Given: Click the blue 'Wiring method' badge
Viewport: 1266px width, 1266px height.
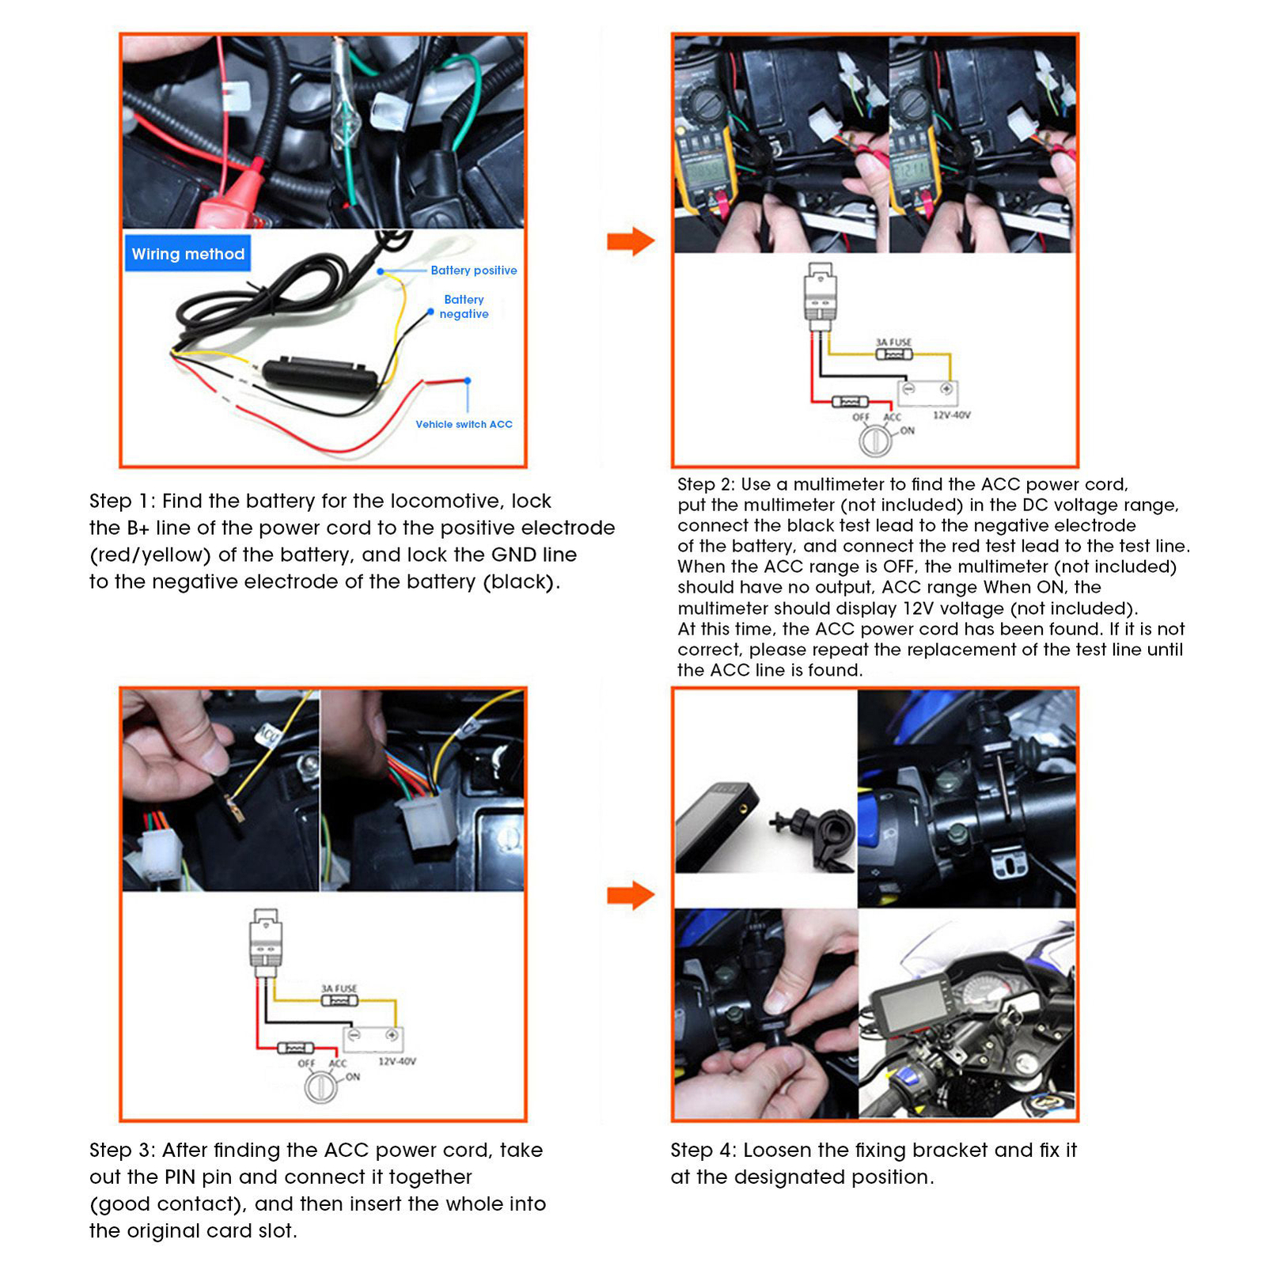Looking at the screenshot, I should [188, 254].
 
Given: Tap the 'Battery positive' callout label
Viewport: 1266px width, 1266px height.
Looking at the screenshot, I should [473, 271].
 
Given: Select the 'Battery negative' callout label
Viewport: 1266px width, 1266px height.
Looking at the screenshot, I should [464, 307].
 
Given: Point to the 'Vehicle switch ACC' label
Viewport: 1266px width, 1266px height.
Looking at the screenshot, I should [464, 425].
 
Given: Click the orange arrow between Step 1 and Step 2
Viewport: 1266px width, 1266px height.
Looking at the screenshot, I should [631, 241].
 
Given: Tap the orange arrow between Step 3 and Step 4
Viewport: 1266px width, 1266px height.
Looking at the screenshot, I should [631, 896].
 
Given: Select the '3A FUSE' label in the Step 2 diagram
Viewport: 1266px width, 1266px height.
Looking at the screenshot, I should [893, 342].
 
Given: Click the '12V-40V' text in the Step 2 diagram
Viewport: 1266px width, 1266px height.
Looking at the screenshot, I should [951, 415].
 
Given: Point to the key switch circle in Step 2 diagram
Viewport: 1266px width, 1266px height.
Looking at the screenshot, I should [875, 440].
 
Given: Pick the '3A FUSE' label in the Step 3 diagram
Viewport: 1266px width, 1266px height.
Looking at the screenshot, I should [339, 988].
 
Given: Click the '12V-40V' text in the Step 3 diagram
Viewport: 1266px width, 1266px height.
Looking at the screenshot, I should [396, 1062].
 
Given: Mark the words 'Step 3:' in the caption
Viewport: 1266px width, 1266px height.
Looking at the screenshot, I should [122, 1150].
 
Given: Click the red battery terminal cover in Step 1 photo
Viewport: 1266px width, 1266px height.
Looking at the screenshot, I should [237, 198].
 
